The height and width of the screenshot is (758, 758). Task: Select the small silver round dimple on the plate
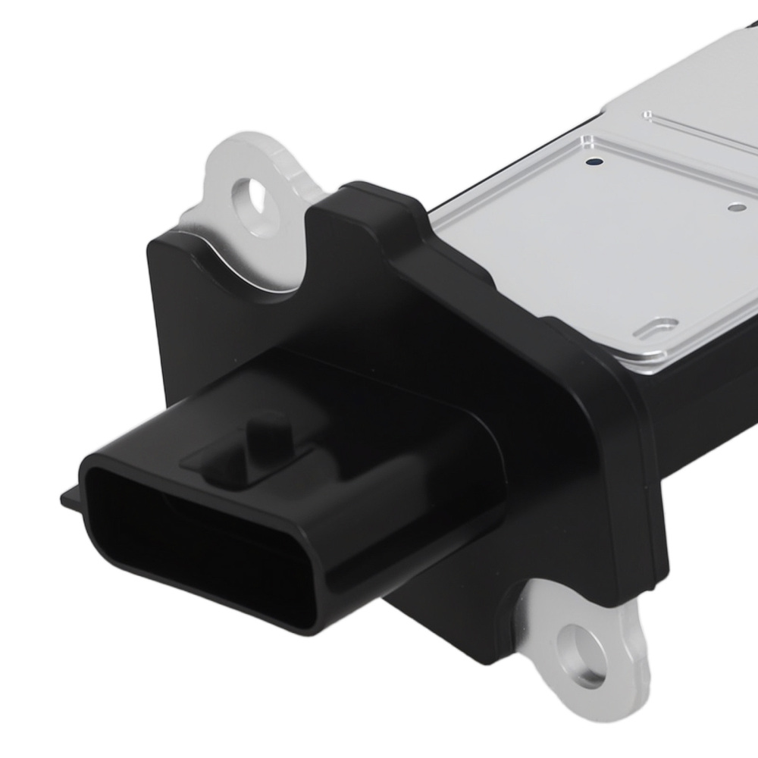coord(732,207)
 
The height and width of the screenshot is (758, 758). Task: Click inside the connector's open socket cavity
coord(189,531)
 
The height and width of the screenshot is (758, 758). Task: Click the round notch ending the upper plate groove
coord(647,115)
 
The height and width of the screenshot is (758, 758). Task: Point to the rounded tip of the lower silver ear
coord(599,694)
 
